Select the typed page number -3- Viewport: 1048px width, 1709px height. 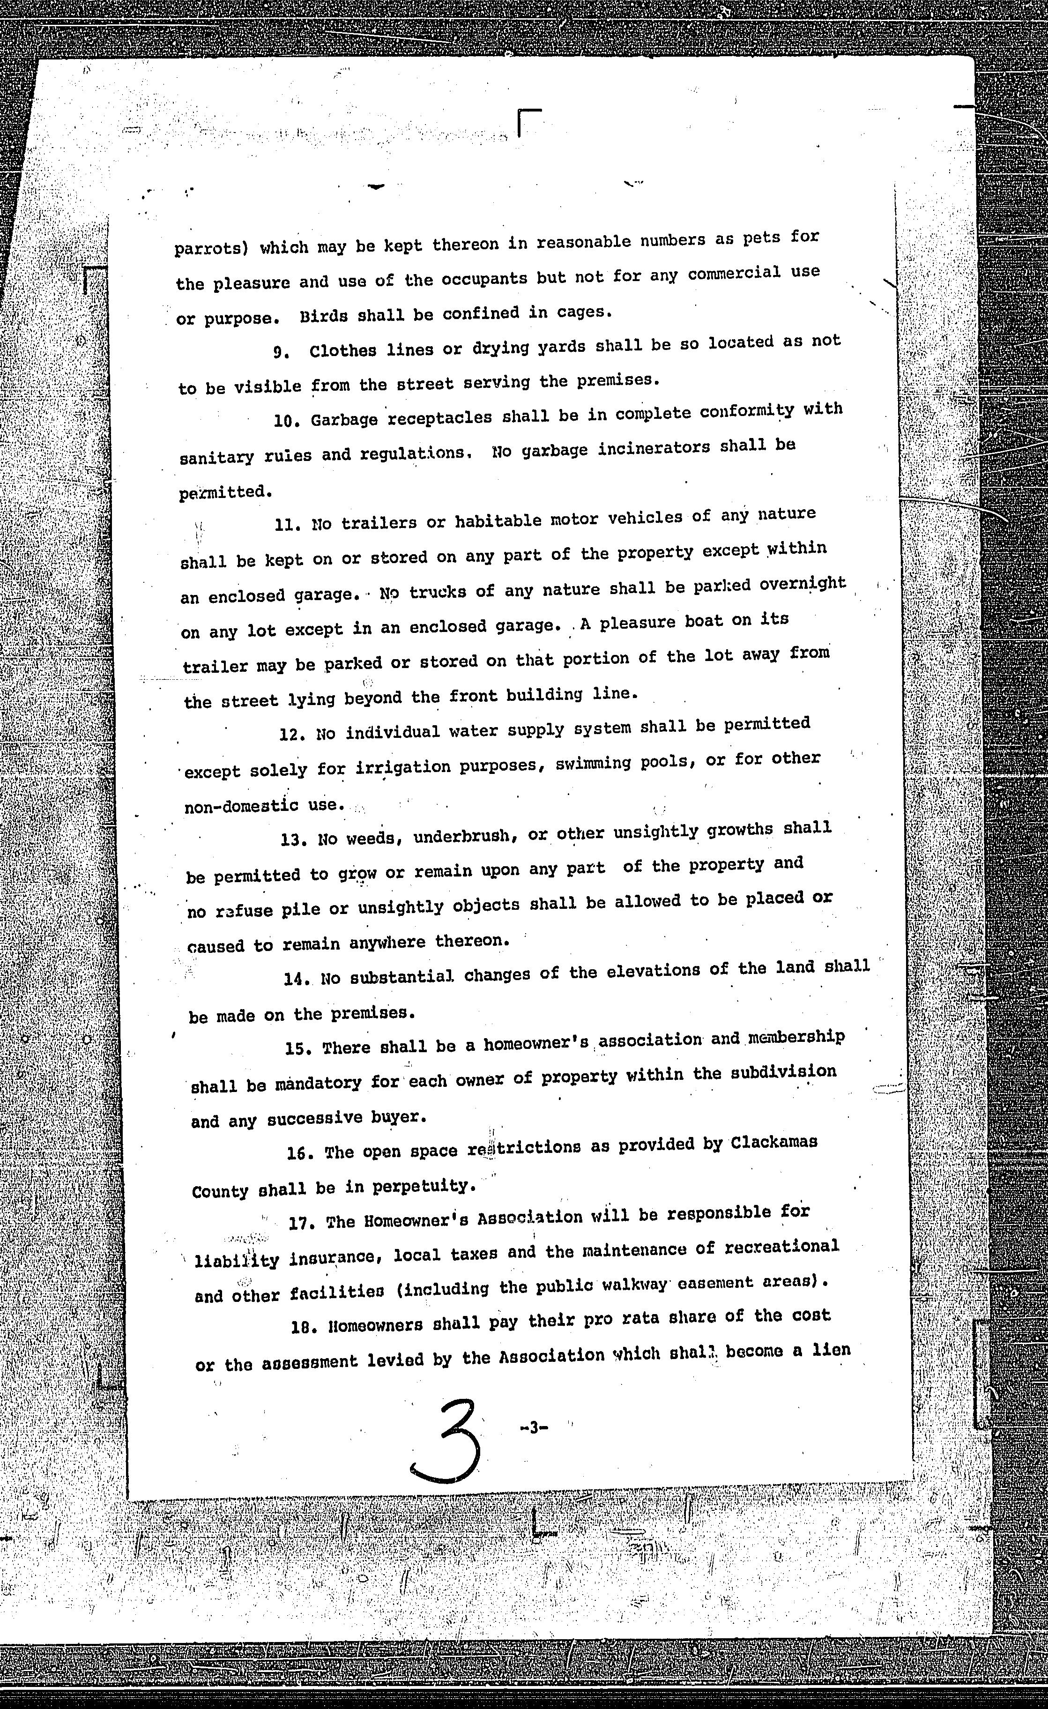tap(533, 1427)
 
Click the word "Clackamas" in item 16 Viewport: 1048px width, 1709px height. tap(773, 1142)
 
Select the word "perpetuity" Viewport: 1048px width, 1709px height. tap(423, 1187)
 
